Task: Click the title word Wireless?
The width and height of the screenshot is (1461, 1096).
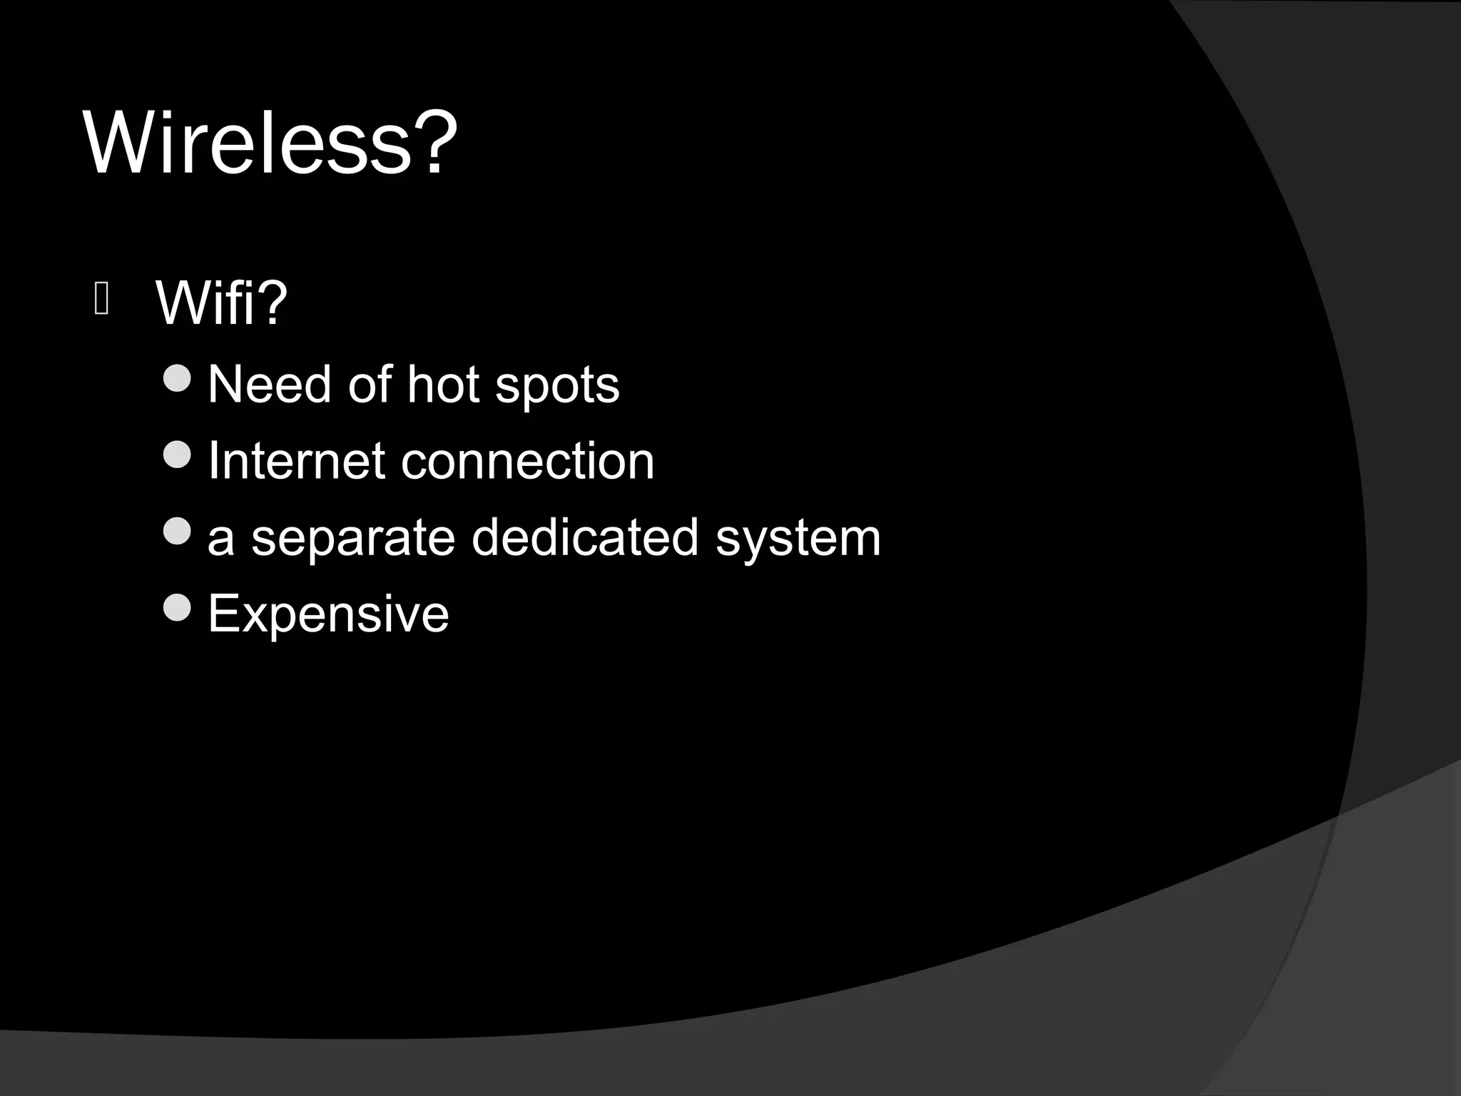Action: pyautogui.click(x=270, y=143)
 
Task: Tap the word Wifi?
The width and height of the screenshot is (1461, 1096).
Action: pyautogui.click(x=221, y=303)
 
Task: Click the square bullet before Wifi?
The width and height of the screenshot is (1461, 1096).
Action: pyautogui.click(x=101, y=300)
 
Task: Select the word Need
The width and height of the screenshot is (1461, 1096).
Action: pyautogui.click(x=270, y=385)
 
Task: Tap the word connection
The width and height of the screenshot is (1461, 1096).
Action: pyautogui.click(x=527, y=461)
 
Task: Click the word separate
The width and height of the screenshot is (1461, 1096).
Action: pyautogui.click(x=353, y=539)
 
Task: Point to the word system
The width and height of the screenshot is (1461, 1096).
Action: pyautogui.click(x=798, y=539)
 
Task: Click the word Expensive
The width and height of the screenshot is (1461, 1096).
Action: pyautogui.click(x=328, y=614)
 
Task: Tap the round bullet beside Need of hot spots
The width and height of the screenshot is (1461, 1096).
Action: pyautogui.click(x=177, y=378)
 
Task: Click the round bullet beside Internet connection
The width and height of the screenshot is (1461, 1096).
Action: pyautogui.click(x=177, y=455)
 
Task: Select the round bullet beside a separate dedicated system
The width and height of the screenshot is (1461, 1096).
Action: pyautogui.click(x=177, y=531)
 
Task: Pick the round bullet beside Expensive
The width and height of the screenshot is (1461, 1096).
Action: pyautogui.click(x=177, y=607)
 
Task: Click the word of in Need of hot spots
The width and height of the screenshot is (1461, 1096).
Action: pyautogui.click(x=370, y=385)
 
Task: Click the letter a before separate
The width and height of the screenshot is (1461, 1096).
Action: pyautogui.click(x=220, y=539)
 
